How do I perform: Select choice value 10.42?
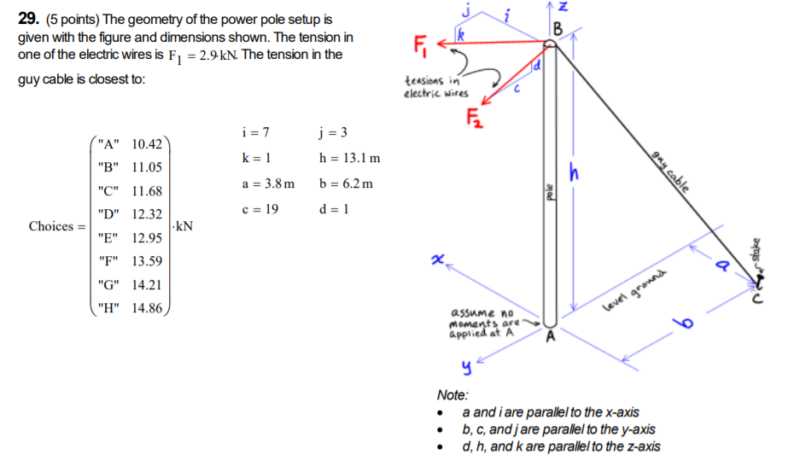pyautogui.click(x=148, y=144)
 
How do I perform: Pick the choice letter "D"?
pyautogui.click(x=109, y=214)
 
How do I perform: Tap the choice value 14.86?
pyautogui.click(x=148, y=308)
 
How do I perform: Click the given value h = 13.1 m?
pyautogui.click(x=349, y=159)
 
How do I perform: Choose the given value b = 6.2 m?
pyautogui.click(x=345, y=184)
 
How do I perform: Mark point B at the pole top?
pyautogui.click(x=559, y=27)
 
